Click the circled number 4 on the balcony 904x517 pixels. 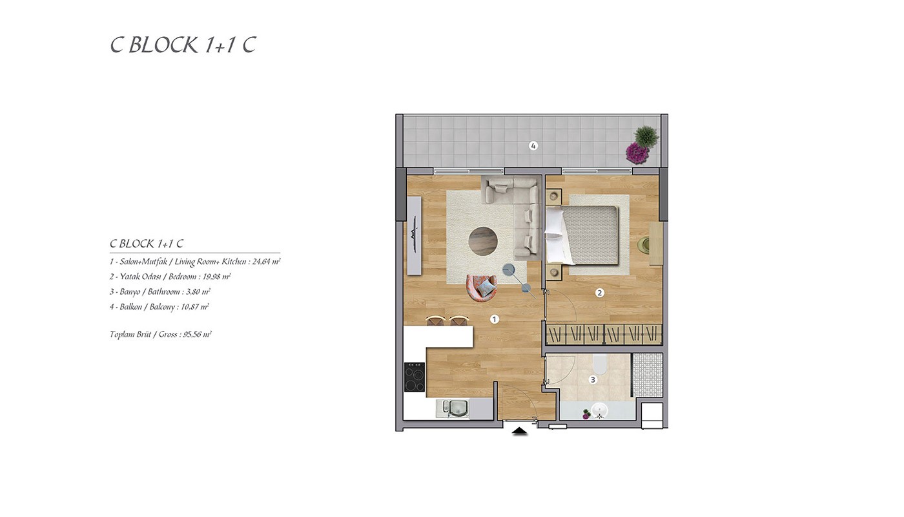533,146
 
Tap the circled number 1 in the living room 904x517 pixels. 495,319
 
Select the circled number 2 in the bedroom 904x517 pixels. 600,293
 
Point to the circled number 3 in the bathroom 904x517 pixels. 593,380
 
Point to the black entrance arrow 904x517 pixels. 520,432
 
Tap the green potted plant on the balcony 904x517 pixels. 646,136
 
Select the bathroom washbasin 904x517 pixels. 600,411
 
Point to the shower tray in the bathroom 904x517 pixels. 647,375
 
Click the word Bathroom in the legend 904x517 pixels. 163,291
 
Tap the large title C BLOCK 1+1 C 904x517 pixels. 183,45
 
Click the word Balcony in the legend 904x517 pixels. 162,307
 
